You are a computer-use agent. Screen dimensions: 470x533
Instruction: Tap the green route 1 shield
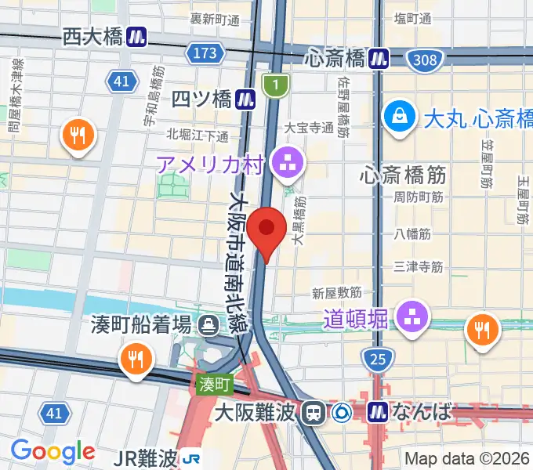coord(275,85)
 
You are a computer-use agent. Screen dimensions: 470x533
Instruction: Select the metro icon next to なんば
coord(379,411)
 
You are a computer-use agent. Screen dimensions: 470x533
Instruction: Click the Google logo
coord(53,451)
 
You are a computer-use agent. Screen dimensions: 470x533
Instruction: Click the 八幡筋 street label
coord(415,233)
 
